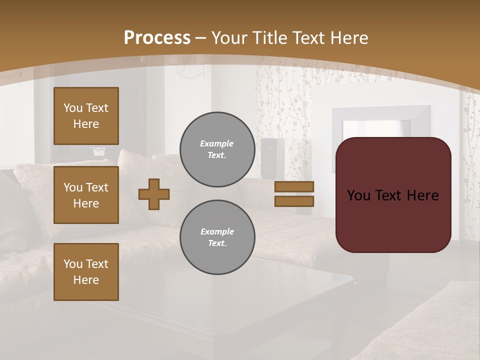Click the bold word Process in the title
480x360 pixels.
pos(157,38)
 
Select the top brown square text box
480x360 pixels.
pos(86,116)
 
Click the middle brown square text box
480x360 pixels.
pos(86,195)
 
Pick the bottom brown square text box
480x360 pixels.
pos(86,272)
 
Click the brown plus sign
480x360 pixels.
pos(154,194)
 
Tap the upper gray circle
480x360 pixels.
pos(217,149)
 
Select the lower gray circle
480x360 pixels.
pos(217,237)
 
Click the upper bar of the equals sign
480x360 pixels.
pos(294,186)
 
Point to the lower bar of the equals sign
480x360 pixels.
pos(294,201)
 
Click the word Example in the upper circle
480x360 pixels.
pos(216,143)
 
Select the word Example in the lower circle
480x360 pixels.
pos(217,231)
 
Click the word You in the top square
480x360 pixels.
pos(72,108)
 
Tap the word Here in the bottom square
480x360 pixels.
pos(86,280)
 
